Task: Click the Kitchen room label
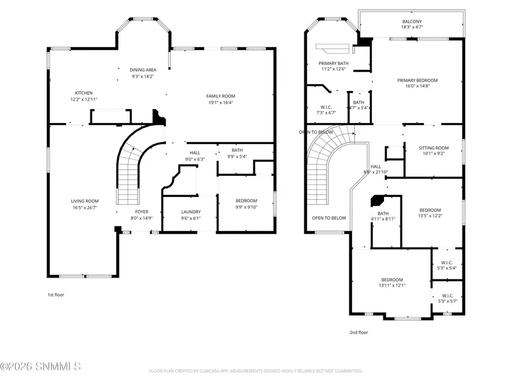pyautogui.click(x=84, y=93)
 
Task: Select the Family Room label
pyautogui.click(x=220, y=96)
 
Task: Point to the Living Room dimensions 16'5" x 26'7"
pyautogui.click(x=85, y=208)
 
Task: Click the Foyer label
pyautogui.click(x=142, y=212)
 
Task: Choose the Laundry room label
pyautogui.click(x=191, y=212)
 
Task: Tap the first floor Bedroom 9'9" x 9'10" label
pyautogui.click(x=246, y=201)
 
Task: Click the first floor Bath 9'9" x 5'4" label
pyautogui.click(x=237, y=150)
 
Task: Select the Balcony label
pyautogui.click(x=412, y=22)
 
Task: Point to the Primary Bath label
pyautogui.click(x=333, y=63)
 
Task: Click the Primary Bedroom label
pyautogui.click(x=417, y=81)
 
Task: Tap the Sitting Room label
pyautogui.click(x=434, y=148)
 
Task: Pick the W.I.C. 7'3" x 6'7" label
pyautogui.click(x=326, y=106)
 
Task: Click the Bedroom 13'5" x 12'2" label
pyautogui.click(x=430, y=210)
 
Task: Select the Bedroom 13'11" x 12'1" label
pyautogui.click(x=392, y=279)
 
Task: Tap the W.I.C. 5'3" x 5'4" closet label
pyautogui.click(x=447, y=263)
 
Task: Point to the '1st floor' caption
pyautogui.click(x=58, y=295)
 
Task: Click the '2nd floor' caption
pyautogui.click(x=358, y=332)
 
